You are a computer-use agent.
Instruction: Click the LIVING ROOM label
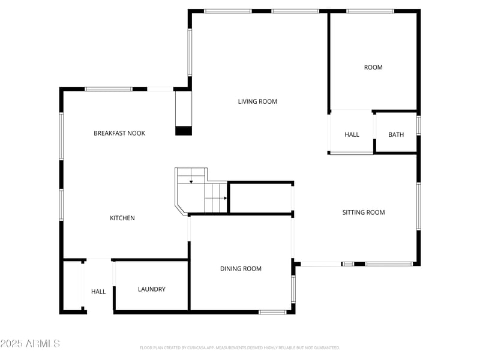point(257,101)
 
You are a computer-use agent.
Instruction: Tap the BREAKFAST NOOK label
point(119,133)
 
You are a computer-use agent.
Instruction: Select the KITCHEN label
point(122,218)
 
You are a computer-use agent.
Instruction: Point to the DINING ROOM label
point(241,269)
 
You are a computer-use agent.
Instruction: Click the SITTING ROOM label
point(364,212)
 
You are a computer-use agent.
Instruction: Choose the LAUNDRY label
point(151,289)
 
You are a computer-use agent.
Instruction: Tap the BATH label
point(396,134)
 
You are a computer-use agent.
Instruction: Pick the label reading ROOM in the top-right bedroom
point(373,67)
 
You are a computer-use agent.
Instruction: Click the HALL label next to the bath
point(352,134)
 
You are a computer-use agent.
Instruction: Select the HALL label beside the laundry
point(98,292)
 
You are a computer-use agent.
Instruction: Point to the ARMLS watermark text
point(30,344)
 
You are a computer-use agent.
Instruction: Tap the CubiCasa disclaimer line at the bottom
point(240,347)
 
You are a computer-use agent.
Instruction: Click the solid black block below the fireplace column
point(183,131)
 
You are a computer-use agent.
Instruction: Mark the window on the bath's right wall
point(418,125)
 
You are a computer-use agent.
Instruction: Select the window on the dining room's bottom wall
point(272,311)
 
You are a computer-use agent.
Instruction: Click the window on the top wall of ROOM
point(370,11)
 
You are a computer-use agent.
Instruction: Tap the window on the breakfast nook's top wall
point(108,89)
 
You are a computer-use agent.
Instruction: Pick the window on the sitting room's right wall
point(418,206)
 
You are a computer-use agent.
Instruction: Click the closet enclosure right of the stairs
point(261,198)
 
